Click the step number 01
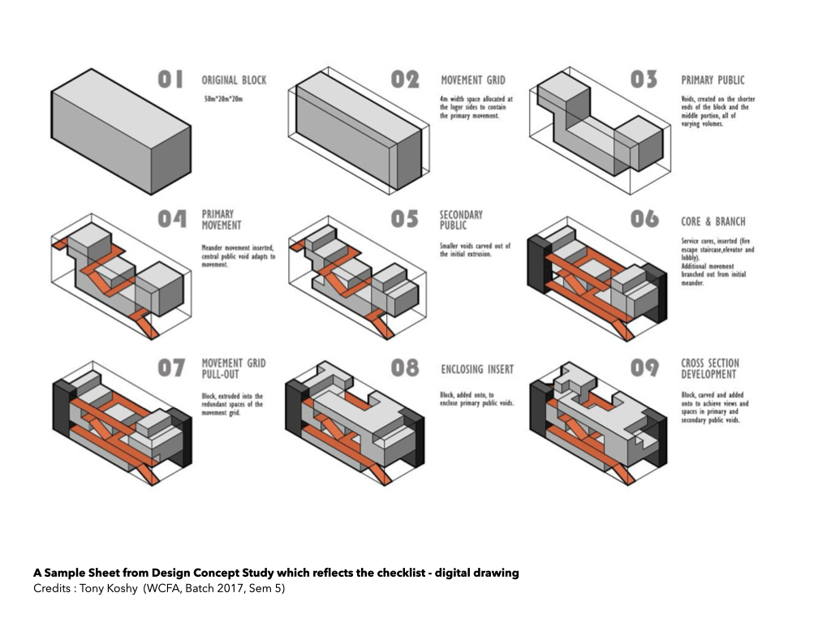[x=170, y=79]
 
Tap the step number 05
[x=404, y=220]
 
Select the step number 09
[x=644, y=368]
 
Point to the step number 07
[x=170, y=368]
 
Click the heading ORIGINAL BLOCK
[x=234, y=80]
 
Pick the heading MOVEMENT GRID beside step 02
[x=472, y=80]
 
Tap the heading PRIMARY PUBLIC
[x=713, y=80]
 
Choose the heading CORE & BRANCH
[x=713, y=221]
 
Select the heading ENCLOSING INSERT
[x=477, y=370]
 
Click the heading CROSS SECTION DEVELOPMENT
[x=710, y=368]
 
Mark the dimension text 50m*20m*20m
[x=223, y=99]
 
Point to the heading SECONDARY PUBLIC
[x=461, y=220]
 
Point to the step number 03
[x=644, y=79]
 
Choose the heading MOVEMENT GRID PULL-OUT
[x=234, y=368]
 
